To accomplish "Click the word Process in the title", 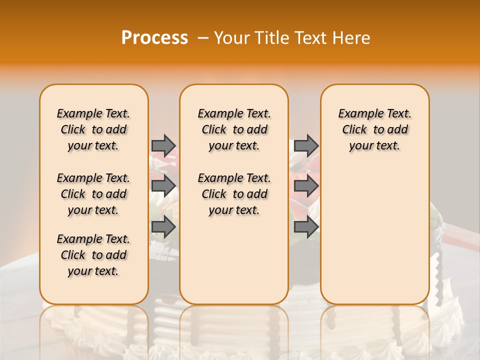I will (x=154, y=38).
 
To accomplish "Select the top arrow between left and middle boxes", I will (x=163, y=145).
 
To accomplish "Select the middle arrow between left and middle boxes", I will (x=163, y=186).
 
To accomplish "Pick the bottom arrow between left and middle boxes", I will (x=163, y=227).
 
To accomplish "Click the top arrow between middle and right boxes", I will (x=306, y=145).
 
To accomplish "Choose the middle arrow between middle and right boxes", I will (x=306, y=186).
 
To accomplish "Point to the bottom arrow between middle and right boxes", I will (x=306, y=227).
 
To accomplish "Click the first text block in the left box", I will (x=93, y=129).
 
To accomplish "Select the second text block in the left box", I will (x=93, y=194).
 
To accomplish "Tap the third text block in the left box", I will (x=93, y=255).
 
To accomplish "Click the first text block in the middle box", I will (x=234, y=129).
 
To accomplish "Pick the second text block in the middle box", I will (x=234, y=194).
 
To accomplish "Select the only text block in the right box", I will (x=374, y=129).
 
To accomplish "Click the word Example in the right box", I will (x=358, y=114).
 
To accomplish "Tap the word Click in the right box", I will (x=354, y=130).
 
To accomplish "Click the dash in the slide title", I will (x=203, y=38).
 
